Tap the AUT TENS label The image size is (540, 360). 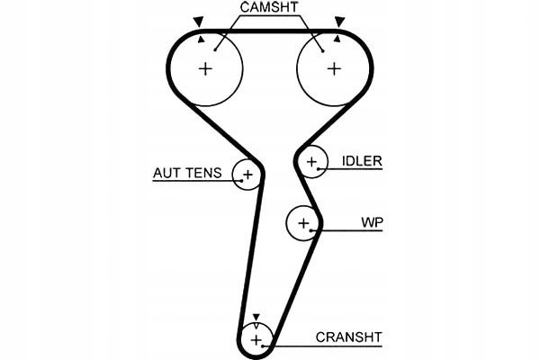click(186, 173)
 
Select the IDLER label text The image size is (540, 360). click(361, 162)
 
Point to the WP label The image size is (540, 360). click(372, 221)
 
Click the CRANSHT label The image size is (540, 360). click(348, 337)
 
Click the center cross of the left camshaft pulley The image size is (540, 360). click(206, 68)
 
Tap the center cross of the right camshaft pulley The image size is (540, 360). click(335, 68)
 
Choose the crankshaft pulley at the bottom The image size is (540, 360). click(256, 338)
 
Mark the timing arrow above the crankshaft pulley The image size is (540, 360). click(256, 318)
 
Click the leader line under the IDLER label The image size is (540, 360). click(355, 171)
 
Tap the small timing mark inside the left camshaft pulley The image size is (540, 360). click(202, 39)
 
